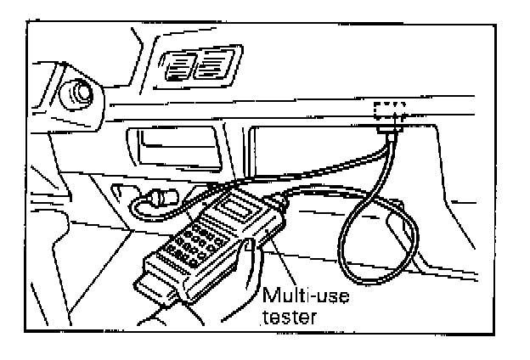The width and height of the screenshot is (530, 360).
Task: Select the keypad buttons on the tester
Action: click(196, 242)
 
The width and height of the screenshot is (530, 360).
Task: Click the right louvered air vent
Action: click(210, 65)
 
